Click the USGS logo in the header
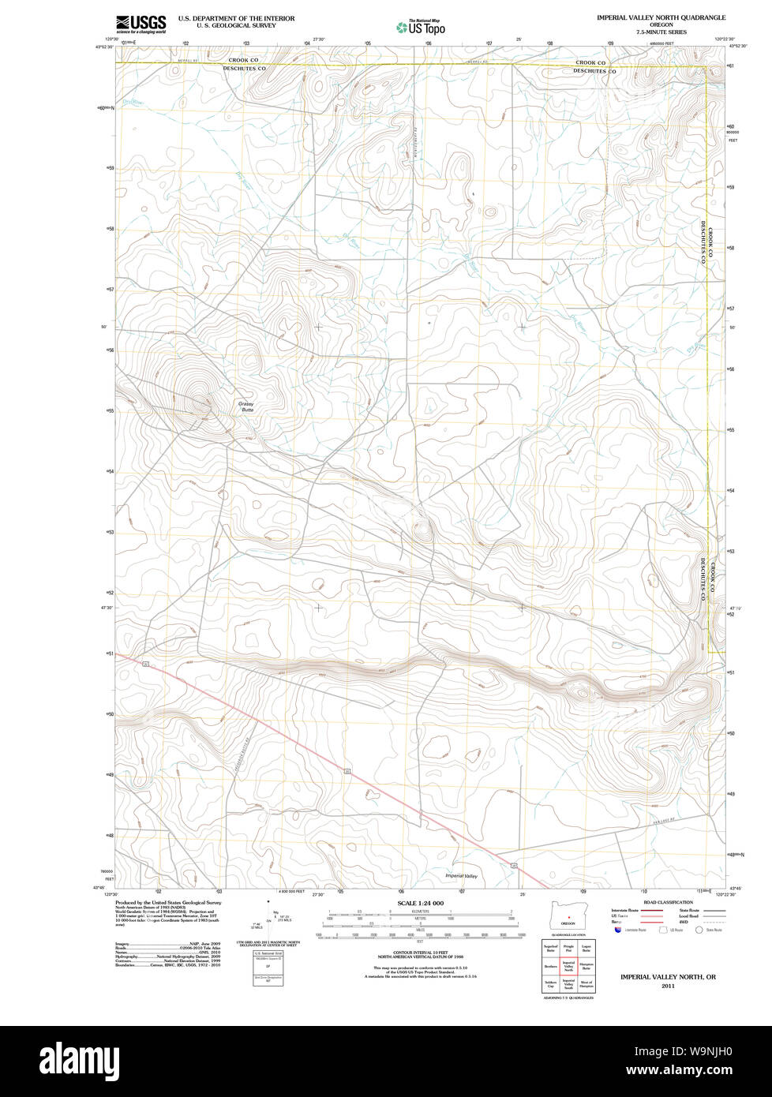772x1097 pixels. [141, 24]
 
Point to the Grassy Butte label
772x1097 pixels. [247, 407]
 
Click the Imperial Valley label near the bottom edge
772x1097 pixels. [461, 876]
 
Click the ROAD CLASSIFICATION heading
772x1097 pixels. [668, 902]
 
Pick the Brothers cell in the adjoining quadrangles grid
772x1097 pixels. [551, 965]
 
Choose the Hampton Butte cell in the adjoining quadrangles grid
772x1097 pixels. [586, 965]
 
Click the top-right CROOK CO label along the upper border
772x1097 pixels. [590, 62]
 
